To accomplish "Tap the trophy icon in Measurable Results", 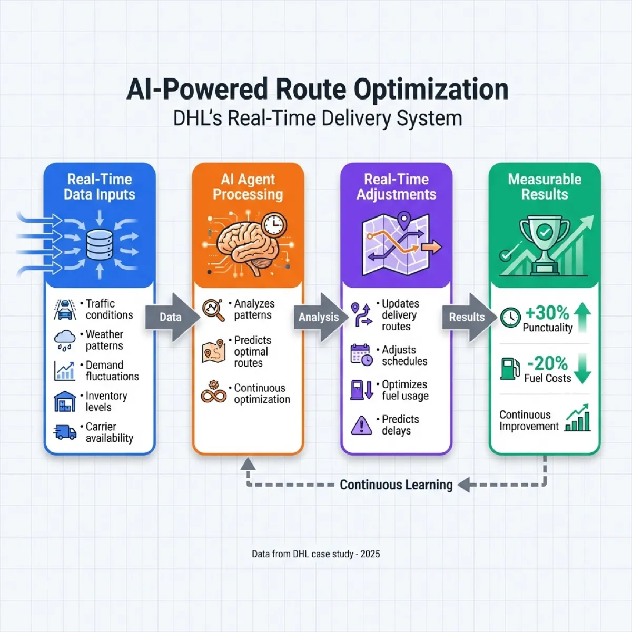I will click(x=545, y=242).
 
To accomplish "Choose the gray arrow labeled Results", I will click(x=468, y=317).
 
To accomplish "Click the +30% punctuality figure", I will click(x=547, y=313).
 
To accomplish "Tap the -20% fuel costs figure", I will click(x=547, y=363).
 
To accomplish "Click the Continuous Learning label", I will click(x=396, y=485).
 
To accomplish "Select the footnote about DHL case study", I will click(x=315, y=554).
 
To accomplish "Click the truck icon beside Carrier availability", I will click(x=65, y=432).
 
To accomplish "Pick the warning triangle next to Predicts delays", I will click(x=362, y=425).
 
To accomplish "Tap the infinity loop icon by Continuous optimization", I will click(x=214, y=393).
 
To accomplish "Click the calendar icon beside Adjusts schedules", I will click(x=362, y=355).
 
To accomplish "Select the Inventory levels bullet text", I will click(x=106, y=401).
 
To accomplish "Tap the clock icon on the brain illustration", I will click(x=274, y=225).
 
